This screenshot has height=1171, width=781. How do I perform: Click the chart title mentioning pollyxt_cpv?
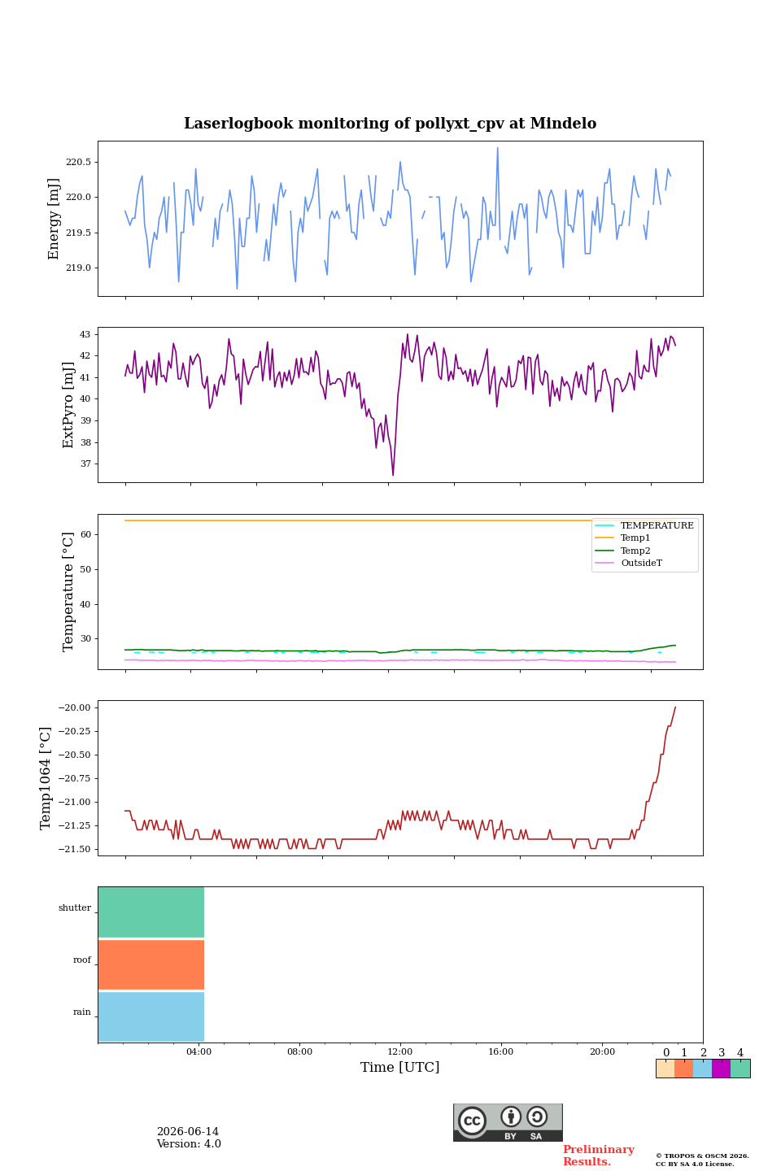(390, 124)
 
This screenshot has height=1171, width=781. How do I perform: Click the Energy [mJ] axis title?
(54, 219)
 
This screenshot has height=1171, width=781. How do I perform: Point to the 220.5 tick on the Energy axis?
(78, 162)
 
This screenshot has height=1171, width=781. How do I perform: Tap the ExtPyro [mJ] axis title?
(68, 405)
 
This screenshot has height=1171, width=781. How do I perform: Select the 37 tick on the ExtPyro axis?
(85, 464)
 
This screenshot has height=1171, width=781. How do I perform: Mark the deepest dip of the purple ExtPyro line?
(394, 475)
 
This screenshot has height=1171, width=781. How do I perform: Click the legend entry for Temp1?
(635, 538)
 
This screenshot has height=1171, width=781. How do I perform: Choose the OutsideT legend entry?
(641, 563)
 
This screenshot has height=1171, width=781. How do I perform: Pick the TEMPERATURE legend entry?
(657, 525)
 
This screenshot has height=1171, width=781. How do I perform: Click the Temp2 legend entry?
(635, 550)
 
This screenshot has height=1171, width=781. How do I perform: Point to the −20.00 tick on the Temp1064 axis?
(74, 707)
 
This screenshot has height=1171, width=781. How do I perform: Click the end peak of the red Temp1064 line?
(675, 707)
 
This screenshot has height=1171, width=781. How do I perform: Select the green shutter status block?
(151, 912)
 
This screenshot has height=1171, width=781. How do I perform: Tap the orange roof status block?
(151, 964)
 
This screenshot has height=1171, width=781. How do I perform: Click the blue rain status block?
(151, 1016)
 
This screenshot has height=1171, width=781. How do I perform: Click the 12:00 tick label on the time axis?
(400, 1051)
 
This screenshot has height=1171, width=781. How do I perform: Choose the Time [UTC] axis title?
(400, 1067)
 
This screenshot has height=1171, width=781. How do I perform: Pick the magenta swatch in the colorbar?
(722, 1069)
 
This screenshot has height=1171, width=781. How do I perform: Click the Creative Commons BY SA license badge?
(508, 1122)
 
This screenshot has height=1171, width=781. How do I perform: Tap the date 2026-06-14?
(188, 1131)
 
